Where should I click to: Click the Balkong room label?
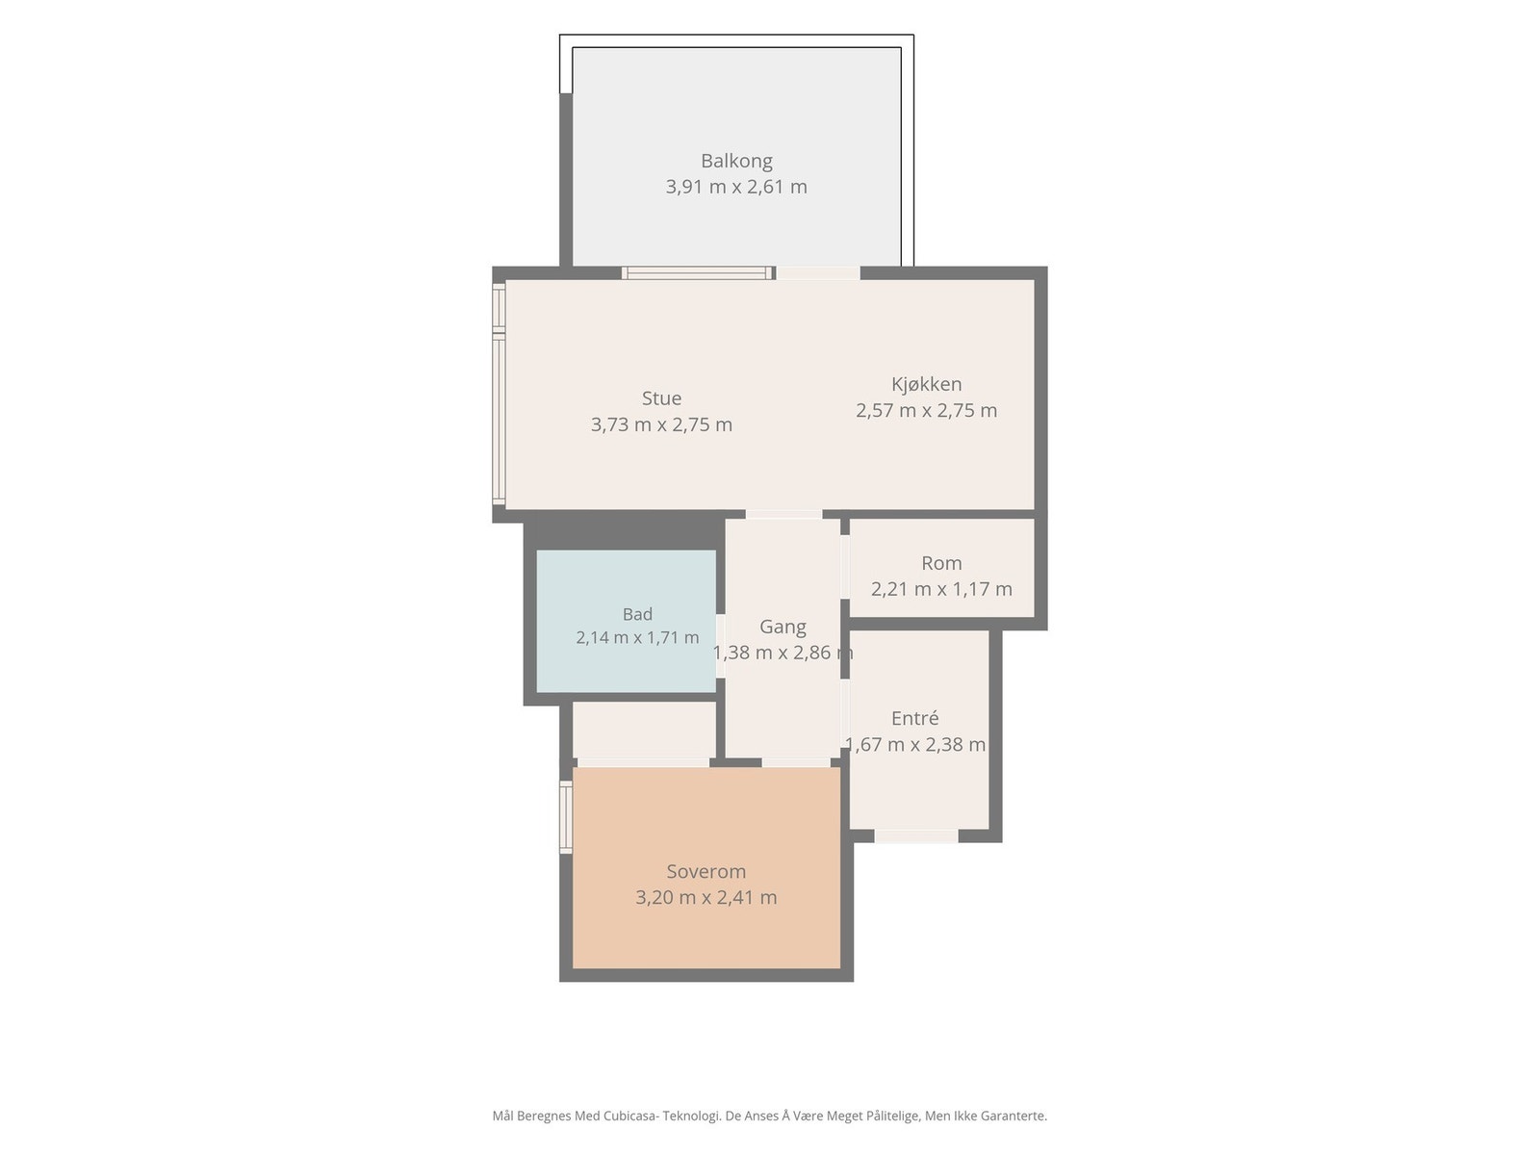[736, 162]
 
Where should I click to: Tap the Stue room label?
[661, 398]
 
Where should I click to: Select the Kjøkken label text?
[926, 384]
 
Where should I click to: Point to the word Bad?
[637, 614]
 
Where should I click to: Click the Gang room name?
[783, 627]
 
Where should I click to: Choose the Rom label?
[941, 563]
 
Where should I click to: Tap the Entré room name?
[915, 718]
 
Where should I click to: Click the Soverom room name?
[706, 872]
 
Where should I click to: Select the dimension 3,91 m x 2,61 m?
[736, 188]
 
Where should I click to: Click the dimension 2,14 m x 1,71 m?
[637, 637]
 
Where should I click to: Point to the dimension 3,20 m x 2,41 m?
[706, 898]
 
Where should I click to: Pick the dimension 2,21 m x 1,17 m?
[941, 589]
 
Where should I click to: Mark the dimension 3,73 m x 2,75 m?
[661, 425]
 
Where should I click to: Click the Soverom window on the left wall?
[566, 818]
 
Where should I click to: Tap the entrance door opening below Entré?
[915, 835]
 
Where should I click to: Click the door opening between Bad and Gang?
[721, 647]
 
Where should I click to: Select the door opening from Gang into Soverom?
[796, 763]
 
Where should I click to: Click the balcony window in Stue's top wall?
[698, 272]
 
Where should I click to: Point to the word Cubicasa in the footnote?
[631, 1116]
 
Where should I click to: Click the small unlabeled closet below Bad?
[644, 730]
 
